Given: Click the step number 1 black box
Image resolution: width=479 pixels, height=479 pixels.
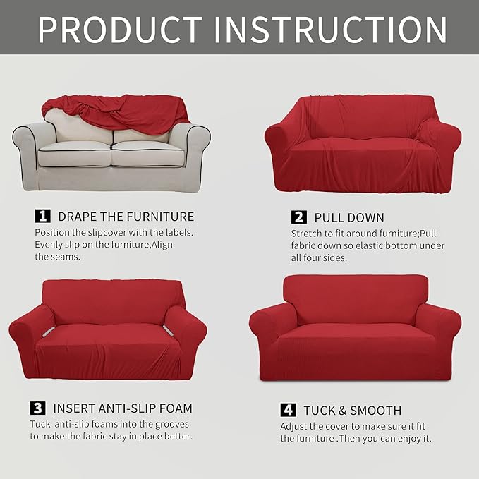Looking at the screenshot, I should coord(43,215).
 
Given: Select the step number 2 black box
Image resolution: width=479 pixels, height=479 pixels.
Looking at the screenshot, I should coord(298,217).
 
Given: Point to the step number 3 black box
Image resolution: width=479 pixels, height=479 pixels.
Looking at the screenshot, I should coord(37,408).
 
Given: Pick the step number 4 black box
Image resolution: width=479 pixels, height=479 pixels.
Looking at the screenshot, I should coord(287,410).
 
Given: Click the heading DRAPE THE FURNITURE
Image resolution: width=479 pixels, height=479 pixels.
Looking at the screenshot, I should coord(126,216).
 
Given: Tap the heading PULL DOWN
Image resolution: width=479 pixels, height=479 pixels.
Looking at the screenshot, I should coord(349,217).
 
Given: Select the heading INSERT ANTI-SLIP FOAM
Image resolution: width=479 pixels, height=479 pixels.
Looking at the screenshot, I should coord(123,408).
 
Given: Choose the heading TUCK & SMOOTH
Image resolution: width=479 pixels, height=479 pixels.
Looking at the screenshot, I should coord(353,410).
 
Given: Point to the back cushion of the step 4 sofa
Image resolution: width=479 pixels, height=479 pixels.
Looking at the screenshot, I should coord(356,300).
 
